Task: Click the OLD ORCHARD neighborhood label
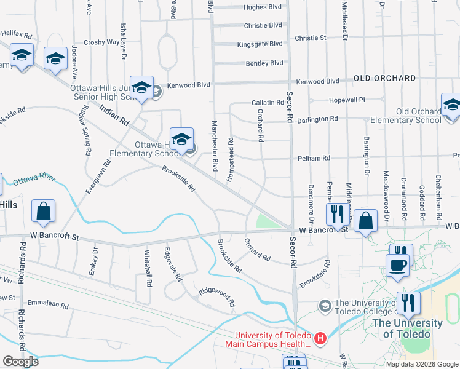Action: coord(385,79)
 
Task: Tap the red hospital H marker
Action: coord(320,338)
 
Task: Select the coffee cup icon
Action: coord(397,265)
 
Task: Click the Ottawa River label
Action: coord(34,179)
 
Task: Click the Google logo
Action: coord(20,362)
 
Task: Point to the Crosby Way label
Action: coord(101,42)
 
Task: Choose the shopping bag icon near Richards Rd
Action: coord(44,212)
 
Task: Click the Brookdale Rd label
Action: coord(314,274)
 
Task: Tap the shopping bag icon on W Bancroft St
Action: coord(366,221)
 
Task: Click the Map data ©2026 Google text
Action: coord(421,364)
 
